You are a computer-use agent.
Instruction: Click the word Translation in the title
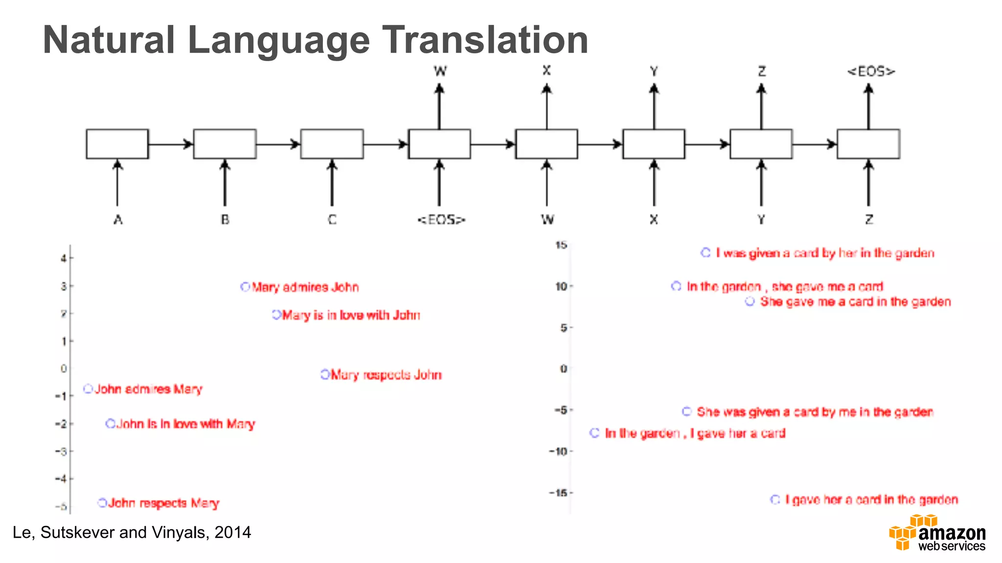tap(484, 40)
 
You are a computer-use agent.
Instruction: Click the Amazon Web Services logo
tap(937, 533)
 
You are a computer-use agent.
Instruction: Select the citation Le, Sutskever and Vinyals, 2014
tap(132, 532)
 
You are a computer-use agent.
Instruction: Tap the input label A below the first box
tap(118, 220)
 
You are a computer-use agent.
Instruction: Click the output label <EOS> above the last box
tap(871, 72)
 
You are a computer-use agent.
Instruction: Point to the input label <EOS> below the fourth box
tap(441, 220)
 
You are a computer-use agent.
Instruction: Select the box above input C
tap(332, 144)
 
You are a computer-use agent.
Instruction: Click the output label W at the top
tap(440, 71)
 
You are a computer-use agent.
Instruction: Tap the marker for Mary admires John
tap(245, 287)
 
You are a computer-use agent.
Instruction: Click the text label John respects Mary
tap(163, 503)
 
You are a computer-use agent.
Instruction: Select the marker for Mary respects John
tap(325, 374)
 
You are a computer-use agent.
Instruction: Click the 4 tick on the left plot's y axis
tap(64, 258)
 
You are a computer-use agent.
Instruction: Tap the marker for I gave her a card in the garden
tap(775, 499)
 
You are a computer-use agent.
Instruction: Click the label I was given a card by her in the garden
tap(825, 253)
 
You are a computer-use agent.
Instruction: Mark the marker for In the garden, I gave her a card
tap(594, 433)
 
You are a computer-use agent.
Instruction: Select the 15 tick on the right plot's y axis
tap(561, 245)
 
